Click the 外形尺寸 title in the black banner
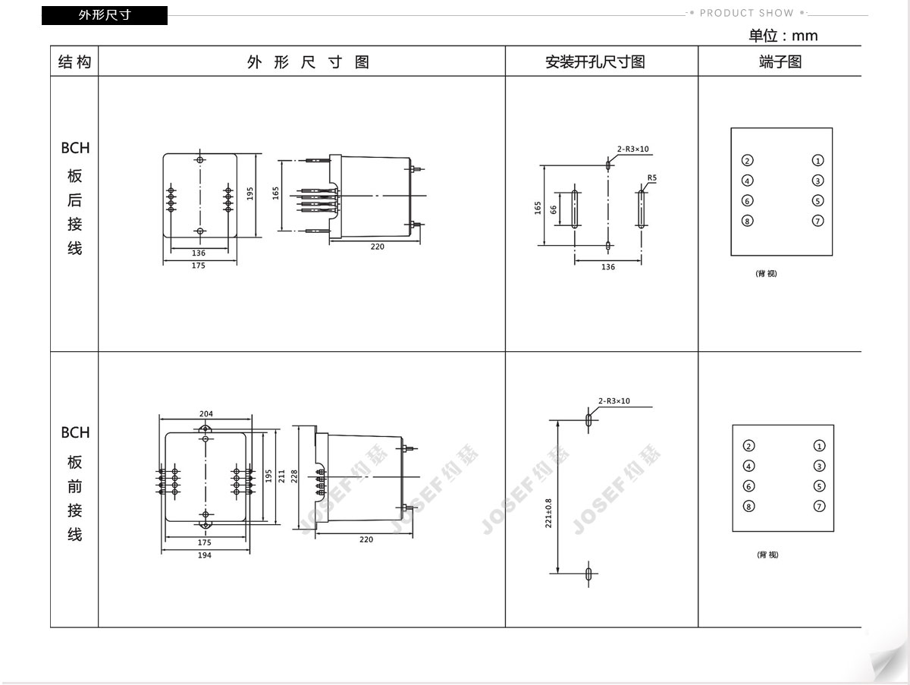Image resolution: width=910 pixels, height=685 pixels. (105, 15)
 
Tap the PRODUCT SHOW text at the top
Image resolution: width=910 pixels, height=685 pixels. (747, 13)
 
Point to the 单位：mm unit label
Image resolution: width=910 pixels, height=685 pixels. (783, 36)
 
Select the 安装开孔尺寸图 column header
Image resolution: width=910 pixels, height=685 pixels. (595, 61)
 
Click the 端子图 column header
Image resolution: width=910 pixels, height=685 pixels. (780, 61)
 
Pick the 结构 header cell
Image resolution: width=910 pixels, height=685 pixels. (74, 61)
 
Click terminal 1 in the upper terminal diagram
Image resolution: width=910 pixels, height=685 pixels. (817, 161)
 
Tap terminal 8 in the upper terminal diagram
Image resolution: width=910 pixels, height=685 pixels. (747, 221)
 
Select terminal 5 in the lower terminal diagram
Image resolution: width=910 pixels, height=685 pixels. (819, 486)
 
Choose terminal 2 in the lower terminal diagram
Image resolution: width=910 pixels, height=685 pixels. (748, 446)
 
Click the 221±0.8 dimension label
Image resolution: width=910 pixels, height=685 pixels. (548, 513)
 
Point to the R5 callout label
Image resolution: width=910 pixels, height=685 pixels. (651, 178)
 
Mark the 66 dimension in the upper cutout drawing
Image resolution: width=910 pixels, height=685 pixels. (553, 210)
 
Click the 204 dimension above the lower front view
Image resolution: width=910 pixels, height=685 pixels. (206, 414)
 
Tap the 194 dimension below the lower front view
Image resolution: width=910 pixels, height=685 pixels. (205, 555)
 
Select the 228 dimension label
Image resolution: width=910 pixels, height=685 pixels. (294, 476)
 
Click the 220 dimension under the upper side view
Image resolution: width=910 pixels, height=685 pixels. (377, 247)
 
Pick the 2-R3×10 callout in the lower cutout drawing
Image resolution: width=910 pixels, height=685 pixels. (613, 401)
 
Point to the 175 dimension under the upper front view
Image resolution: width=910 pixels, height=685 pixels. (198, 266)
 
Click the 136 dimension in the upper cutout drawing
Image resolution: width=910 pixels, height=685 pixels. (608, 267)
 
